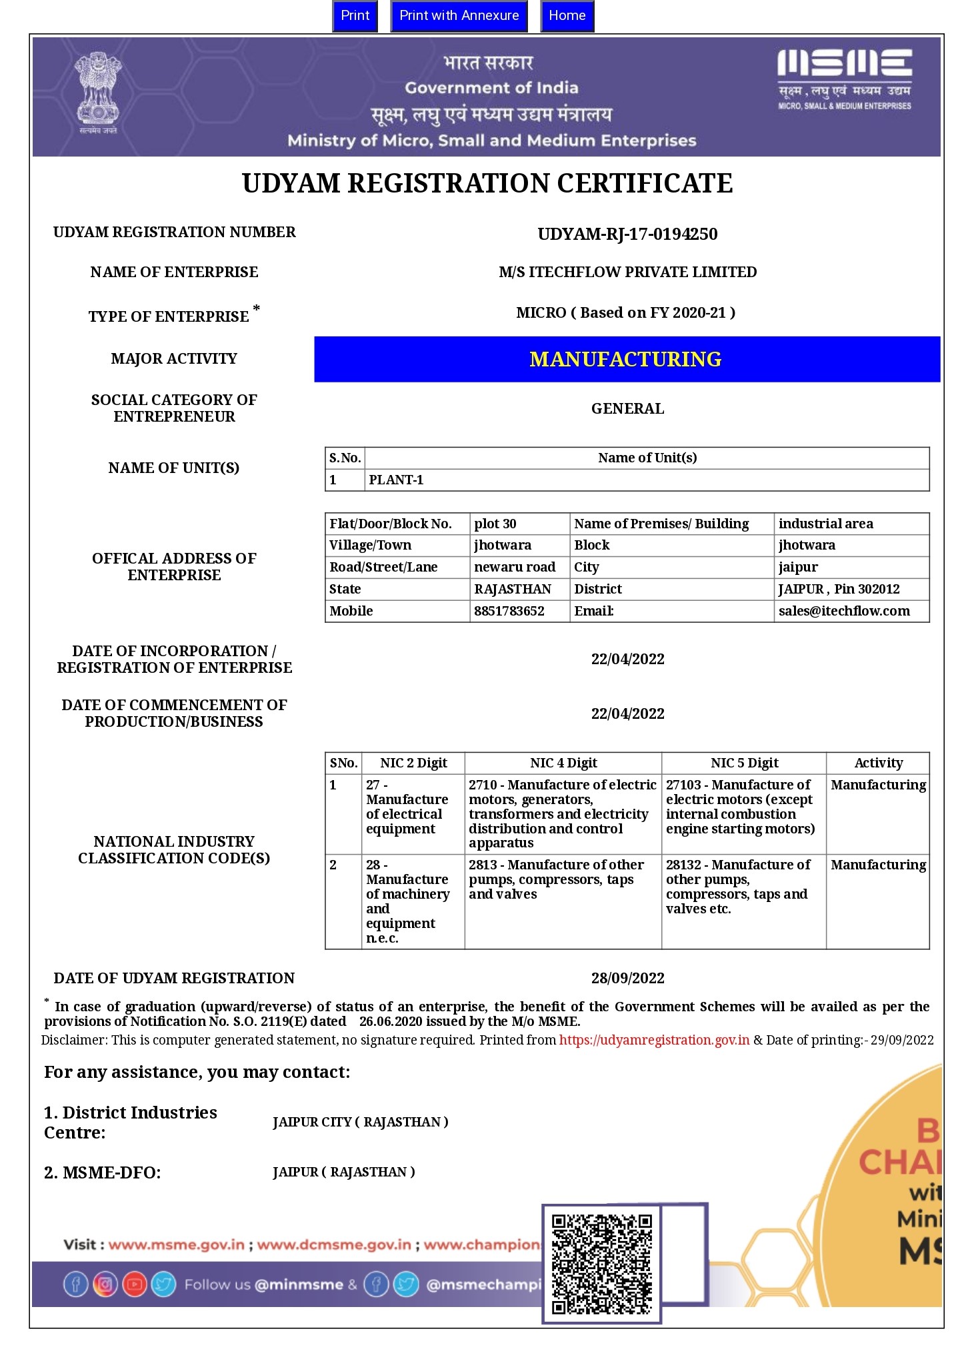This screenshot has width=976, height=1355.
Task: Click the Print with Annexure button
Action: coord(459,16)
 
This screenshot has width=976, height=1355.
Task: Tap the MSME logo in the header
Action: coord(844,78)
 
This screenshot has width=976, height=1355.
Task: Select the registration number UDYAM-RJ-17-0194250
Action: coord(627,234)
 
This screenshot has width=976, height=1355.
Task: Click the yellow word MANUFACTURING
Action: coord(625,360)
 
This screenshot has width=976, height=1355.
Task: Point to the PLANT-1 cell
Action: coord(396,480)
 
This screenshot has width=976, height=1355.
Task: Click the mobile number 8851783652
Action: coord(509,611)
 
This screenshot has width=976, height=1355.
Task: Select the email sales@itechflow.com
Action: coord(844,611)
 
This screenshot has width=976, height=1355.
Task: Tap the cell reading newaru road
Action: coord(515,567)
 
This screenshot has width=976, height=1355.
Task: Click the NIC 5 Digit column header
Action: coord(744,763)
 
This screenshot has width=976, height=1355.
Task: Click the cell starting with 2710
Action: coord(562,813)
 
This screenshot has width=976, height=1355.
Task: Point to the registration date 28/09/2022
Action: coord(627,978)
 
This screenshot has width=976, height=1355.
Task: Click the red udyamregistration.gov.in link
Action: coord(654,1040)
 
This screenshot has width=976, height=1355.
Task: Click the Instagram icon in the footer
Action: coord(105,1284)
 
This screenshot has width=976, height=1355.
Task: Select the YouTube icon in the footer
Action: coord(135,1284)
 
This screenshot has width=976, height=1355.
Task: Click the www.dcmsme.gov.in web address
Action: coord(334,1244)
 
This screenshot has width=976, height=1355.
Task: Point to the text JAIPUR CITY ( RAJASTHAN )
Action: coord(360,1123)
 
